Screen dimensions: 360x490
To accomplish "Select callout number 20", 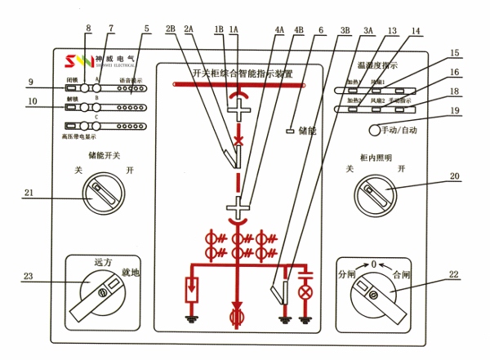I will (455, 176).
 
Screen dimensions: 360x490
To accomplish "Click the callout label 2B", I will (171, 29).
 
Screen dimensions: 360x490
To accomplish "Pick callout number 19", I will (455, 110).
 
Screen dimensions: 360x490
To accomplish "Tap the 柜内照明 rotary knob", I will (376, 194).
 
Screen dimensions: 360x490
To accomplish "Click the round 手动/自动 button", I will (376, 130).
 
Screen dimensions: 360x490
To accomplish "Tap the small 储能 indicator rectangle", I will (290, 130).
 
